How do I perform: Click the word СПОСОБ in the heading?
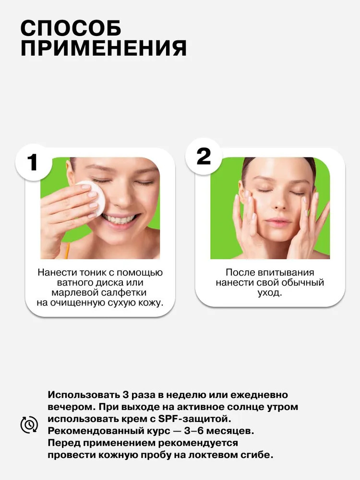[x=71, y=28]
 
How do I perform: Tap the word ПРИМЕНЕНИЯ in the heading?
[x=104, y=48]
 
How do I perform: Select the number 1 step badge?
[x=33, y=162]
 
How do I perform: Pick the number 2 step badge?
[x=203, y=156]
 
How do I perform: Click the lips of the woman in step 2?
[x=278, y=221]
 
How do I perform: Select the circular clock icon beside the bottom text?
[x=29, y=425]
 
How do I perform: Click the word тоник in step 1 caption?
[x=91, y=273]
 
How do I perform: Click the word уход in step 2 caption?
[x=268, y=293]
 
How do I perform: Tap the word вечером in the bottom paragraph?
[x=72, y=407]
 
